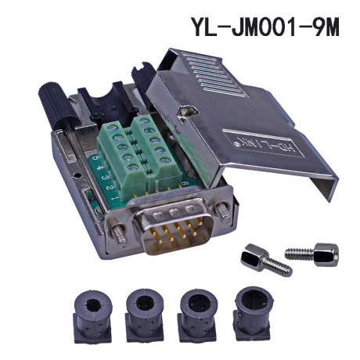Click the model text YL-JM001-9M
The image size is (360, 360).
[265, 27]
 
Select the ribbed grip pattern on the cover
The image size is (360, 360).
[213, 74]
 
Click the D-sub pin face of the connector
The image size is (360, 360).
[173, 227]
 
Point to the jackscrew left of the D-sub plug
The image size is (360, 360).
[120, 234]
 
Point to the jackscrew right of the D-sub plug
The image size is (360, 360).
[223, 211]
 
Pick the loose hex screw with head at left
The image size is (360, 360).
[265, 260]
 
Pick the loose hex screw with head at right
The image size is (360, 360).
[312, 254]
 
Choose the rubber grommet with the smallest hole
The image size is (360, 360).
[93, 315]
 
